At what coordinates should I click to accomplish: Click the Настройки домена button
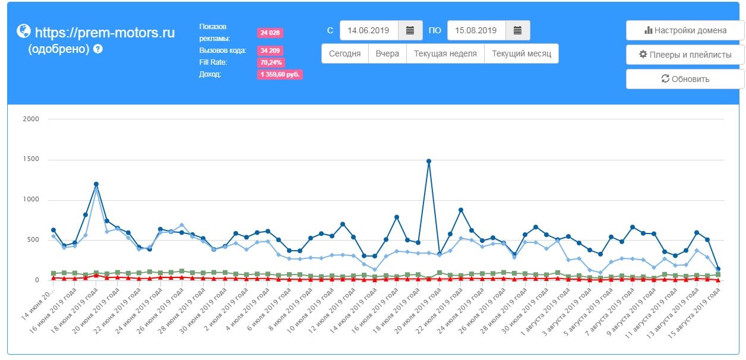[685, 31]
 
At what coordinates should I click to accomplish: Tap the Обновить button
[685, 79]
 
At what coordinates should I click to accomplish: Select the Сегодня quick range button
[345, 53]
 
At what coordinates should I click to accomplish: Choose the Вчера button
[387, 53]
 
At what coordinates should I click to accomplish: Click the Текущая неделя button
[445, 53]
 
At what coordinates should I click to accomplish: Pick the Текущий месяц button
[521, 53]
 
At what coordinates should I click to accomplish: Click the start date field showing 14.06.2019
[368, 30]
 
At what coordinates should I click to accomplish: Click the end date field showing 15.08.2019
[476, 30]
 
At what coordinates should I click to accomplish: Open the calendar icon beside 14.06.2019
[410, 30]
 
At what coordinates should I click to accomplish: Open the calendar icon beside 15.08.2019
[517, 30]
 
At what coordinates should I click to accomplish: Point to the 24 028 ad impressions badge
[270, 33]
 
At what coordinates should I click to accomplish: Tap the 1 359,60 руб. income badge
[280, 75]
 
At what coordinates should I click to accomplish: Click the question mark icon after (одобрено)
[98, 49]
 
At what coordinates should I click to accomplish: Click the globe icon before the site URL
[23, 31]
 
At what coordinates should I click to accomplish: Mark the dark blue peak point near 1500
[429, 161]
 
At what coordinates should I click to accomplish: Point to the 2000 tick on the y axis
[30, 119]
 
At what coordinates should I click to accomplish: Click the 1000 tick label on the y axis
[30, 200]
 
